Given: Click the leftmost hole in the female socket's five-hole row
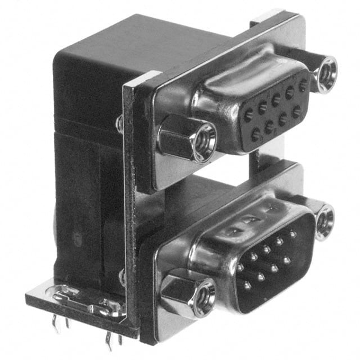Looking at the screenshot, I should (x=247, y=114).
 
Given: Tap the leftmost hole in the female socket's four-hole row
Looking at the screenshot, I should (x=256, y=134).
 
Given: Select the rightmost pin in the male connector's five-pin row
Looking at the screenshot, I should (x=293, y=231).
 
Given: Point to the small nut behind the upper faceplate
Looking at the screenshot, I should (x=120, y=124).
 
